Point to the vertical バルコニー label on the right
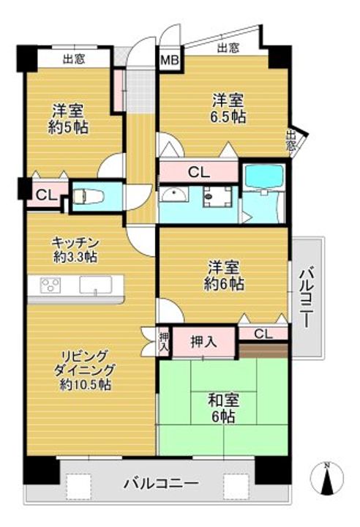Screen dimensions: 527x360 (x=307, y=297)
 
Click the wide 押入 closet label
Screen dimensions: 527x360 (x=203, y=340)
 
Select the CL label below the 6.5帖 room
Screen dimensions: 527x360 (x=198, y=173)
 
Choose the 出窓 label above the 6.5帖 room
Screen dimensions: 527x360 (x=228, y=48)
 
